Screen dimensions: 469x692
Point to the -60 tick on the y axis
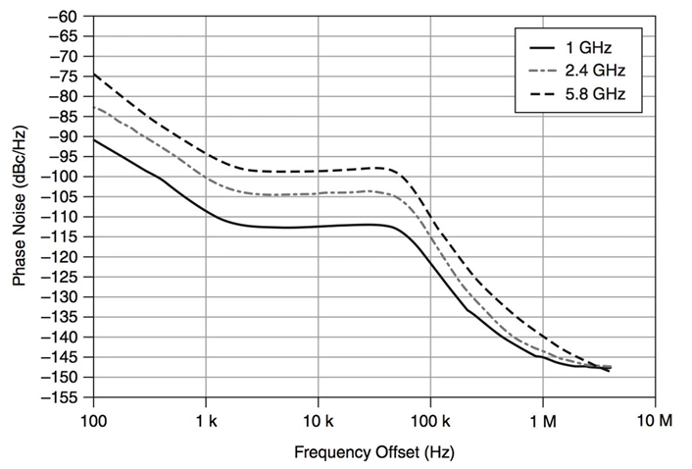pos(66,17)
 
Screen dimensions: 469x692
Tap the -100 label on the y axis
pos(63,177)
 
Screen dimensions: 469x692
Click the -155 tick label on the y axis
pos(63,397)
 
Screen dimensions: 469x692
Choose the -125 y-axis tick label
pos(63,277)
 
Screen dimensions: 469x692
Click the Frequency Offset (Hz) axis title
pos(373,453)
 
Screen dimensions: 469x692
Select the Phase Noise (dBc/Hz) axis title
pos(20,207)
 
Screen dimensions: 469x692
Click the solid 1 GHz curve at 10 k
pos(318,227)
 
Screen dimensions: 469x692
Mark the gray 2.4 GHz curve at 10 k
pos(318,193)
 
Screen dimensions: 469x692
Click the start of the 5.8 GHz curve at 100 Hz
pos(94,74)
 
